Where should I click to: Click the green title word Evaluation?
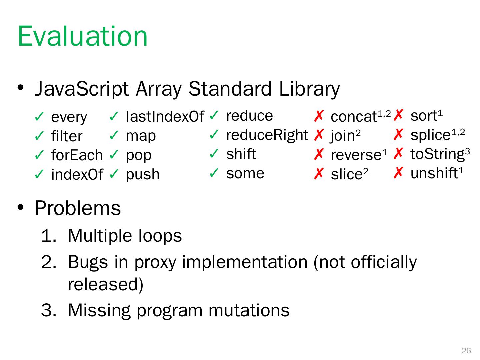(x=82, y=36)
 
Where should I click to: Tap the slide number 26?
(x=466, y=351)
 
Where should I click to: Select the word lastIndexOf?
(x=165, y=116)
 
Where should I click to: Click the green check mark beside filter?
(x=39, y=136)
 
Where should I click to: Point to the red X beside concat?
(x=319, y=116)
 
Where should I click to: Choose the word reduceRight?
(x=267, y=135)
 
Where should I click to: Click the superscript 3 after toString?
(x=467, y=151)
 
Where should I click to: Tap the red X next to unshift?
(x=398, y=173)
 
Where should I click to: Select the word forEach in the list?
(x=77, y=155)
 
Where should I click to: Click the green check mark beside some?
(x=214, y=173)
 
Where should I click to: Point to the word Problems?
(x=78, y=208)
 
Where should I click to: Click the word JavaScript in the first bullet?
(x=82, y=89)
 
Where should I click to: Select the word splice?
(x=430, y=135)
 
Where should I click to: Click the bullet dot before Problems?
(x=21, y=207)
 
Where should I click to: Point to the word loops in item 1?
(x=160, y=236)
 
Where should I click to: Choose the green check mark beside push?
(x=114, y=174)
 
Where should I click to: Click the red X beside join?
(x=319, y=135)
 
